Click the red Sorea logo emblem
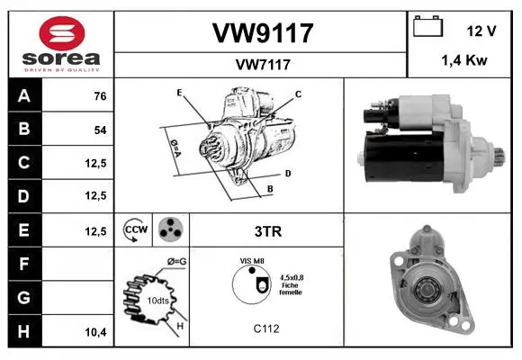(62, 33)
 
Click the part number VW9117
(263, 33)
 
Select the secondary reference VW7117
(263, 65)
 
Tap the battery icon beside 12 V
(428, 26)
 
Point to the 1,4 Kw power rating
(464, 60)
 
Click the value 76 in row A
(100, 96)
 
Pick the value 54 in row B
(100, 130)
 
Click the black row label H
(24, 331)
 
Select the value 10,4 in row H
(96, 332)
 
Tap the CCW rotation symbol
(135, 229)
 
